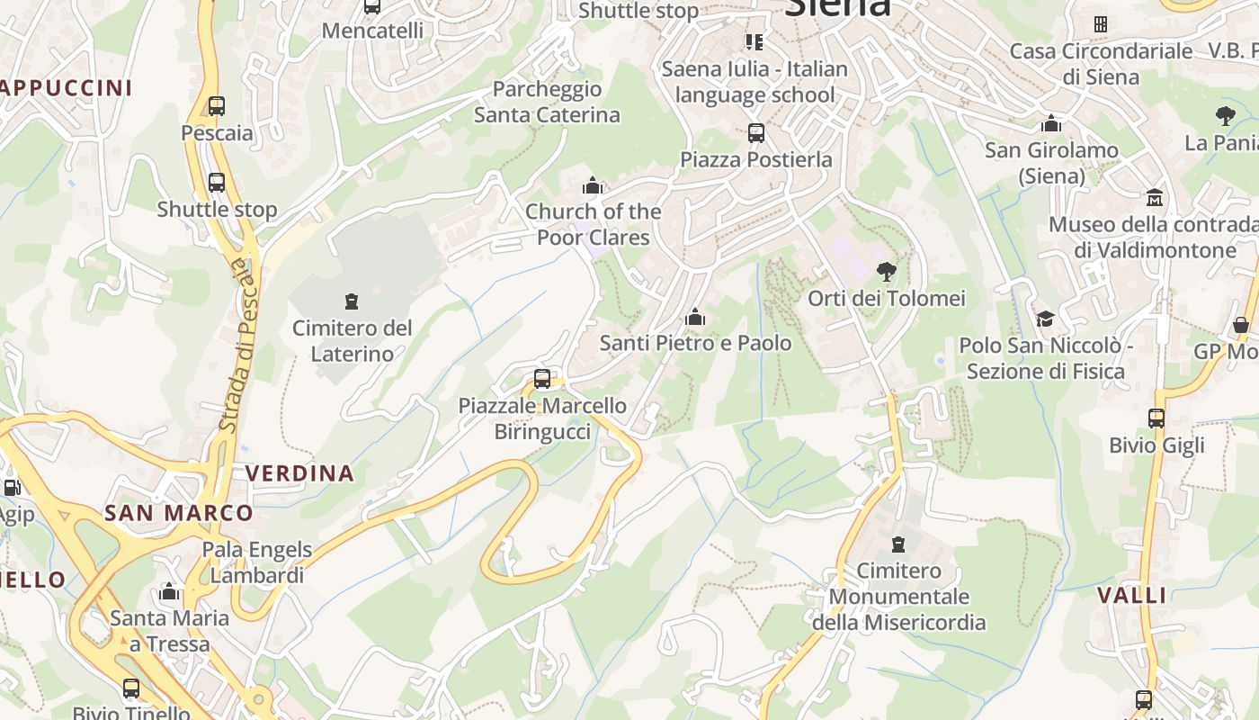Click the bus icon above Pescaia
(216, 105)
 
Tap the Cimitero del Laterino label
(352, 341)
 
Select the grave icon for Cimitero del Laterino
(352, 301)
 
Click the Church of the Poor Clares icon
(593, 186)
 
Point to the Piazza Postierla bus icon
(756, 133)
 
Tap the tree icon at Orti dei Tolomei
(887, 271)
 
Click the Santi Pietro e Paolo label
(695, 343)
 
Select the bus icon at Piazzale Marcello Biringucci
(541, 379)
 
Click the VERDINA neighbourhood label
(299, 473)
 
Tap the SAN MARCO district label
(179, 514)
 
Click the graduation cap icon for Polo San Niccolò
(1045, 319)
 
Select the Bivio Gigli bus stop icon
(1156, 418)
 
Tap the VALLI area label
(1132, 595)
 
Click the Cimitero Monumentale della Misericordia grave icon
(897, 544)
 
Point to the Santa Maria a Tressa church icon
(168, 592)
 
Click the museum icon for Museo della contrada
(1155, 197)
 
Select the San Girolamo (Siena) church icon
(1051, 123)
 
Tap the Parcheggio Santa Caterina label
(547, 102)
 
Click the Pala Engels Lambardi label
(257, 562)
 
